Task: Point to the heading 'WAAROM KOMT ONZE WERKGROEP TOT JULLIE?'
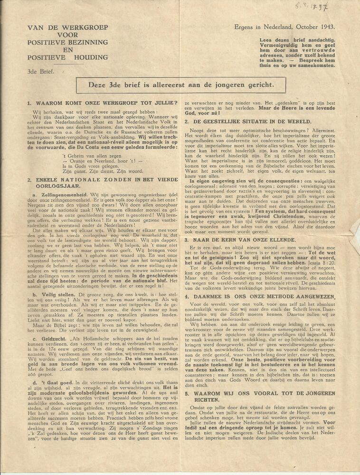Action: click(x=102, y=103)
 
